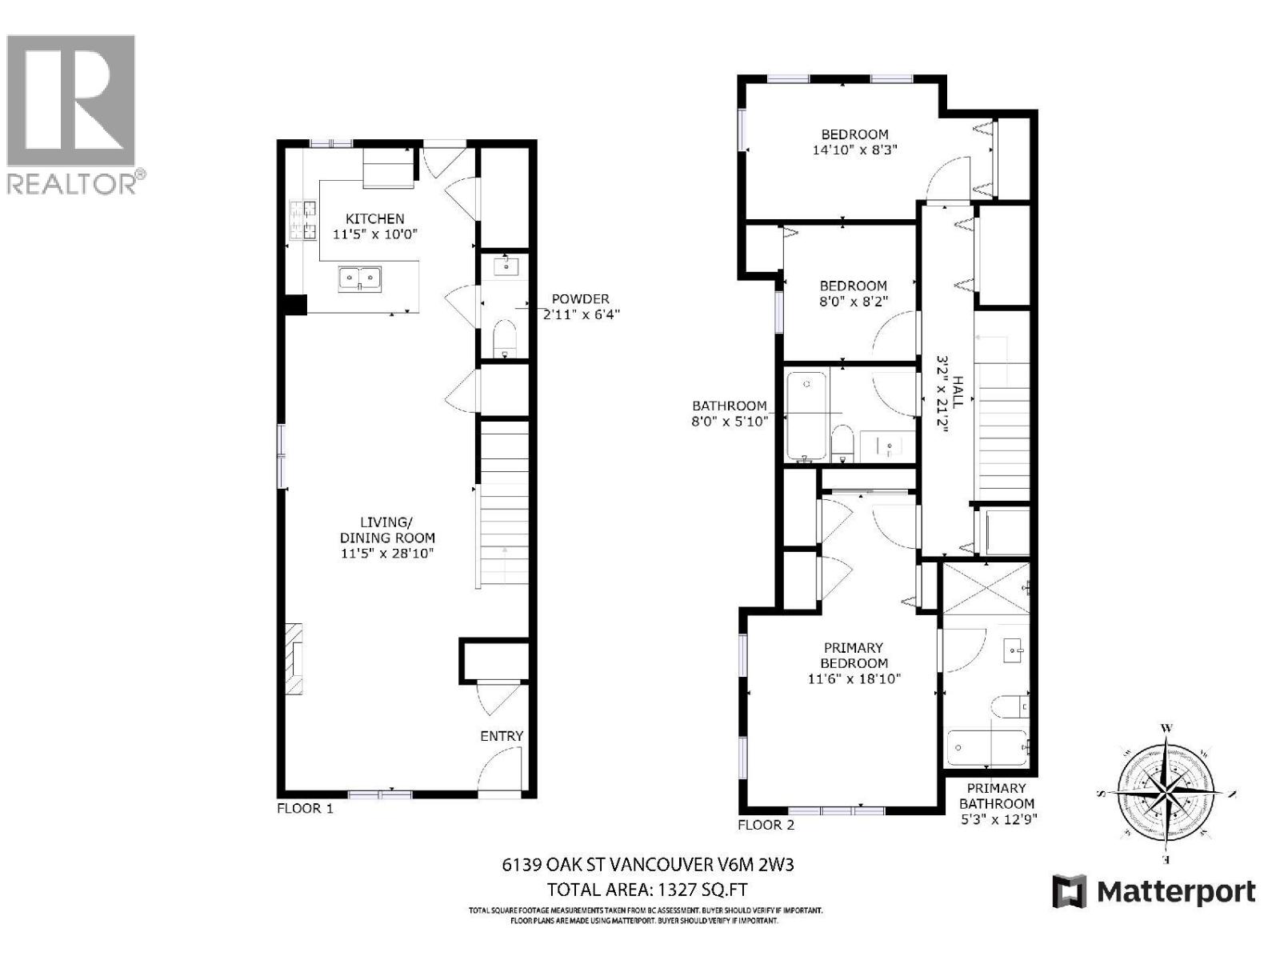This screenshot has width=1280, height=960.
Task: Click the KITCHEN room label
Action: point(374,218)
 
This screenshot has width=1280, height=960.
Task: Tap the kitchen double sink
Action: point(359,278)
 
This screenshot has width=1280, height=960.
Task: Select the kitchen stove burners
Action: point(302,221)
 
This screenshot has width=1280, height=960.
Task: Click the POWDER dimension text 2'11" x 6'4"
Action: point(582,314)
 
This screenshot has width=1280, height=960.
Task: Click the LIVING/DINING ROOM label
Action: point(386,538)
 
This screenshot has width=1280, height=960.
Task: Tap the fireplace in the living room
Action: point(296,660)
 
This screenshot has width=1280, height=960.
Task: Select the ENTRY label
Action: point(502,736)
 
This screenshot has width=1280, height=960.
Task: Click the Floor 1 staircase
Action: point(503,504)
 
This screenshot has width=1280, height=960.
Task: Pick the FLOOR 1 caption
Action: point(305,808)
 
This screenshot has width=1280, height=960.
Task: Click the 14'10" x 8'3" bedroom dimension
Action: point(854,150)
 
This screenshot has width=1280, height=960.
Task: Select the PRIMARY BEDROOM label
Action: point(854,655)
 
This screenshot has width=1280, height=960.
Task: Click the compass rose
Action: point(1165,792)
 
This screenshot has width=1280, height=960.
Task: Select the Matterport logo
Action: point(1154,891)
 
